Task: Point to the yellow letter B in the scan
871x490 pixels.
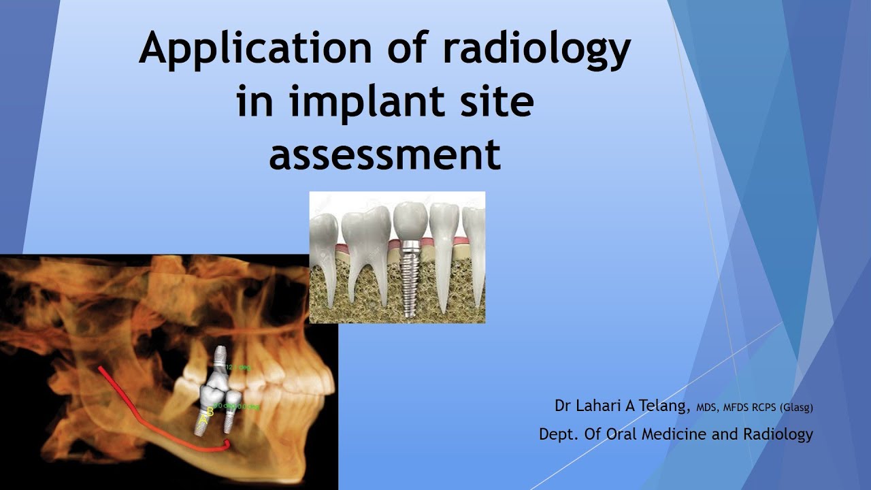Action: (210, 411)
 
